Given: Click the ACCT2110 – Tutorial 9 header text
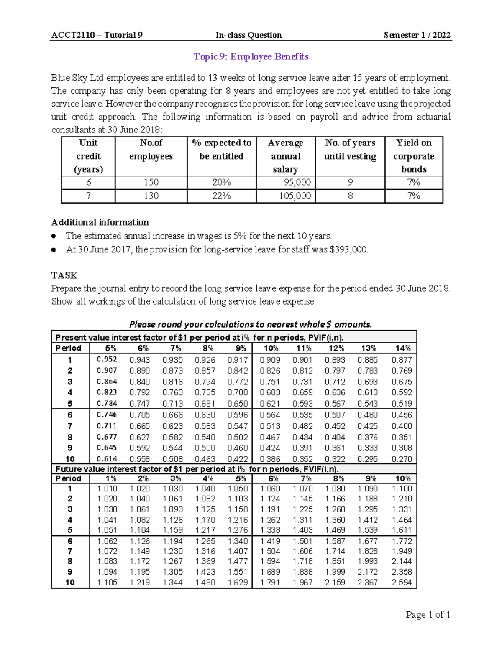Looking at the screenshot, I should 97,35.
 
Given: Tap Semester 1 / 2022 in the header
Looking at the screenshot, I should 417,35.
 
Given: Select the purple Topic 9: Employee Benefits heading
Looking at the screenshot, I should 251,57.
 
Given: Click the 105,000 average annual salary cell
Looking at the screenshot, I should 295,196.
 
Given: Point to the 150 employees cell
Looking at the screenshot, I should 151,183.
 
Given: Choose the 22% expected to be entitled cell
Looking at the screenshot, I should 221,196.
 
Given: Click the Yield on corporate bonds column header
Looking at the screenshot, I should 414,156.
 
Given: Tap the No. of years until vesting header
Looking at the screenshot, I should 350,150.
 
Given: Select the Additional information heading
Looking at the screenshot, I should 100,222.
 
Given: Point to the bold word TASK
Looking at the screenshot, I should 64,275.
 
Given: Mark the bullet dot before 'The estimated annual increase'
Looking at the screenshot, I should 54,236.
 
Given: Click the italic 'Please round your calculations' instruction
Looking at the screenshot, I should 251,324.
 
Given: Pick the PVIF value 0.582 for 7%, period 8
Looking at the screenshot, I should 172,437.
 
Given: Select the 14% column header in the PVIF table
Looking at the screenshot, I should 403,349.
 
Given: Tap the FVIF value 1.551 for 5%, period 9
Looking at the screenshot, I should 238,572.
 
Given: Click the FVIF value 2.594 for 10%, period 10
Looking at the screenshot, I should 402,583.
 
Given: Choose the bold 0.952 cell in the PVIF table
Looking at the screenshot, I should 107,359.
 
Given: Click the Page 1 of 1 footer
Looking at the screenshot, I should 428,615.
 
